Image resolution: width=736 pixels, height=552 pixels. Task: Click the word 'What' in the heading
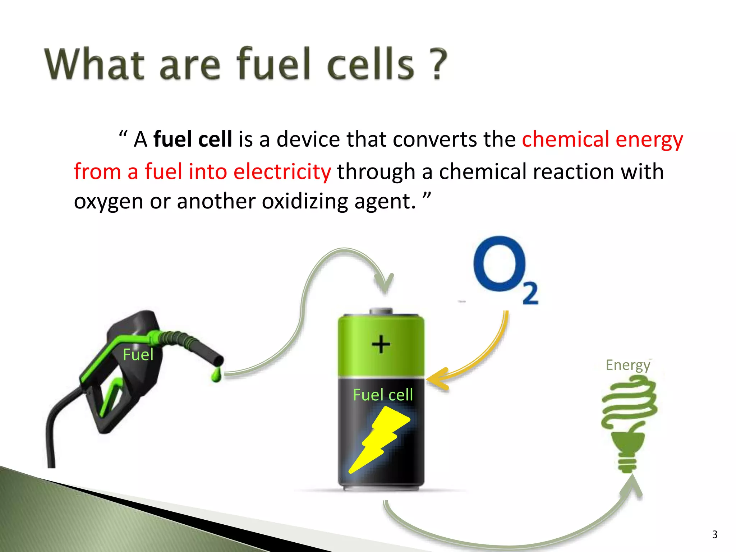pos(94,64)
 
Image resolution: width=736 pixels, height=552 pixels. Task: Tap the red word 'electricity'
pos(282,171)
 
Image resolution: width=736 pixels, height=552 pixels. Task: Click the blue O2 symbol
pos(500,264)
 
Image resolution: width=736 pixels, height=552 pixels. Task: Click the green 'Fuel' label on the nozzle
pos(138,355)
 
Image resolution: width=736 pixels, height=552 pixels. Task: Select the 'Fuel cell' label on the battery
pos(383,395)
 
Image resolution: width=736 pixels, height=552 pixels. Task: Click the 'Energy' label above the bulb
pos(627,365)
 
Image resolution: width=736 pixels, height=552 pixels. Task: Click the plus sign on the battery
pos(381,344)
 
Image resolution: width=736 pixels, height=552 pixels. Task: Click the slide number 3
pos(714,535)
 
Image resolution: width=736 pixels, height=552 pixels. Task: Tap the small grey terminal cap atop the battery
pos(381,311)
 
